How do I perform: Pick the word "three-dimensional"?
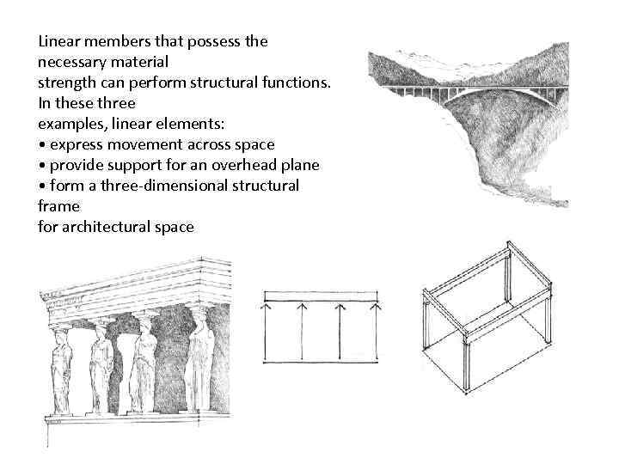pyautogui.click(x=163, y=186)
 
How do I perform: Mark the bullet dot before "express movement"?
pyautogui.click(x=41, y=144)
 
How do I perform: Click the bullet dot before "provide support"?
pyautogui.click(x=41, y=165)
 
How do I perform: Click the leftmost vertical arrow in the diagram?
pyautogui.click(x=267, y=331)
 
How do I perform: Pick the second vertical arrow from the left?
pyautogui.click(x=302, y=331)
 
